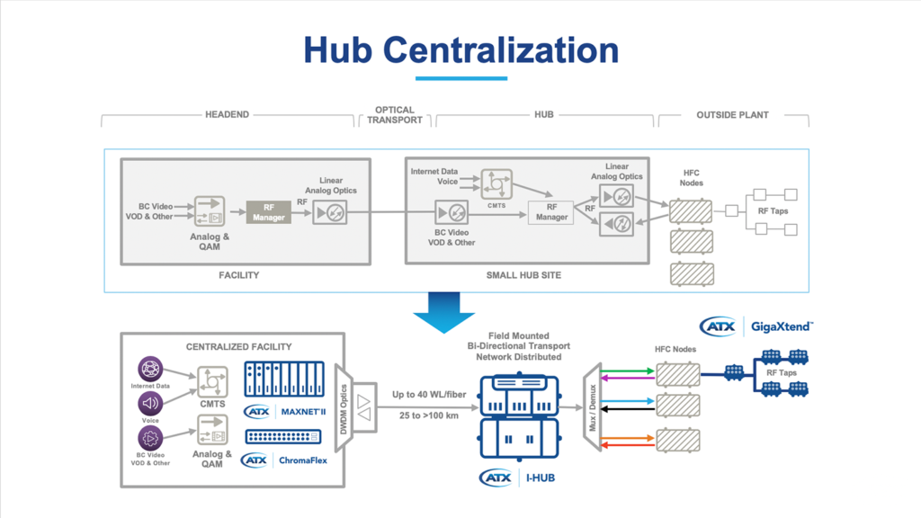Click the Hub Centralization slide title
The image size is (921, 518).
(x=460, y=49)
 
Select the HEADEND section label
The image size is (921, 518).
(x=227, y=115)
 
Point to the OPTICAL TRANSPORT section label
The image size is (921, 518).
(x=395, y=115)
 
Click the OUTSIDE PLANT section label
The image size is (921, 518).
(x=732, y=115)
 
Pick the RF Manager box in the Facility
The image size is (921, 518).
(x=268, y=212)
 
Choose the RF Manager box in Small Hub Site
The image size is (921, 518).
(x=550, y=212)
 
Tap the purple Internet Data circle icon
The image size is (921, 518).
(x=149, y=369)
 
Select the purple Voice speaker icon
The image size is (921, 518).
(x=149, y=402)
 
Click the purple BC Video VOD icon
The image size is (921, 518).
(x=149, y=439)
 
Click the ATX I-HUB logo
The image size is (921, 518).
(x=517, y=477)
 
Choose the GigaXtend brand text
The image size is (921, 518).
(x=782, y=326)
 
